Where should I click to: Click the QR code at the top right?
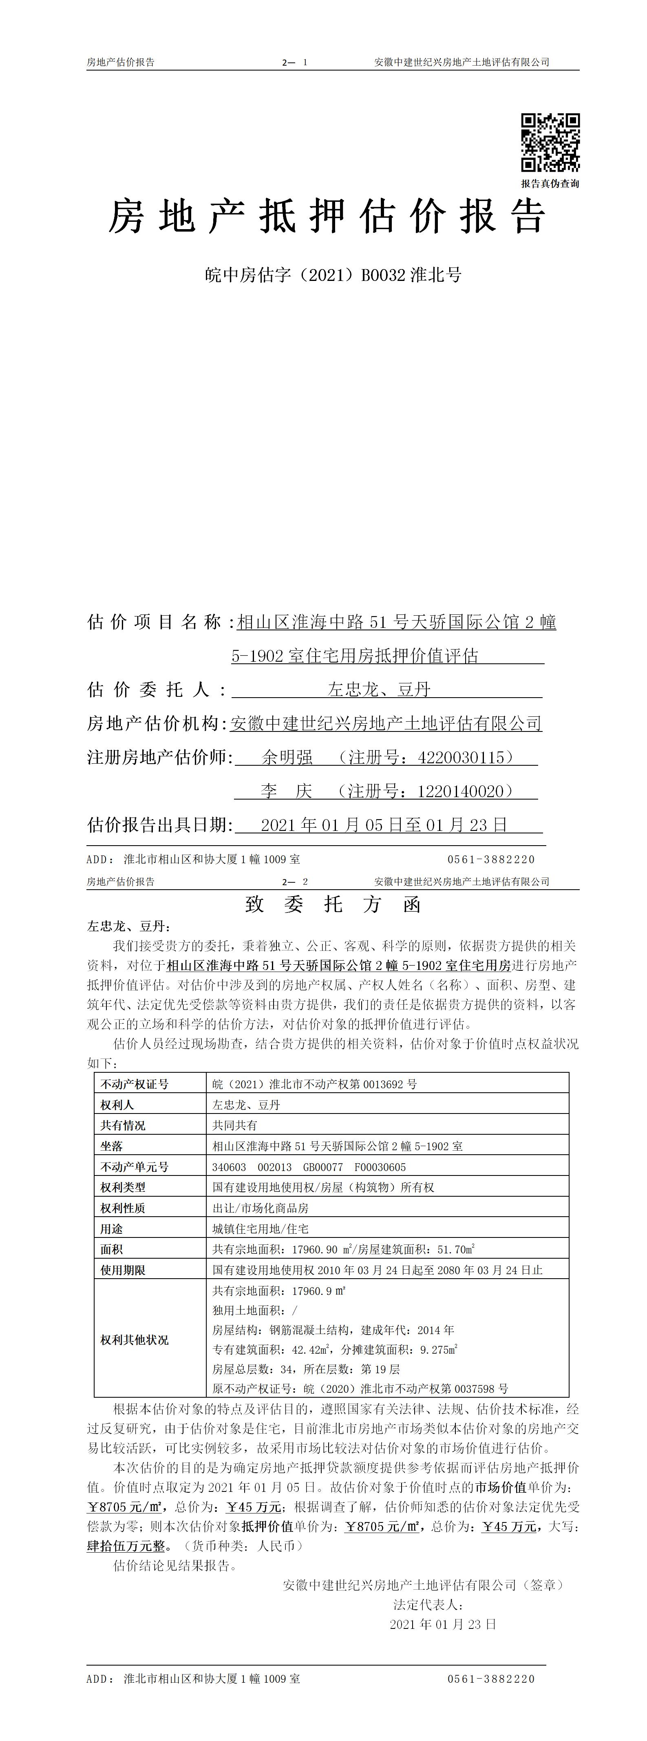click(x=550, y=142)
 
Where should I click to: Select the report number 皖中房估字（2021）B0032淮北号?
click(x=333, y=275)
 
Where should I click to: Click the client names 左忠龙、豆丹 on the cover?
click(x=379, y=690)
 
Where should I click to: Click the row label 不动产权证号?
click(x=135, y=1084)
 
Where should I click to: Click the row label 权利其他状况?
click(x=135, y=1339)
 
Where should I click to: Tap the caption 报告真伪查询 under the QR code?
click(x=550, y=183)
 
